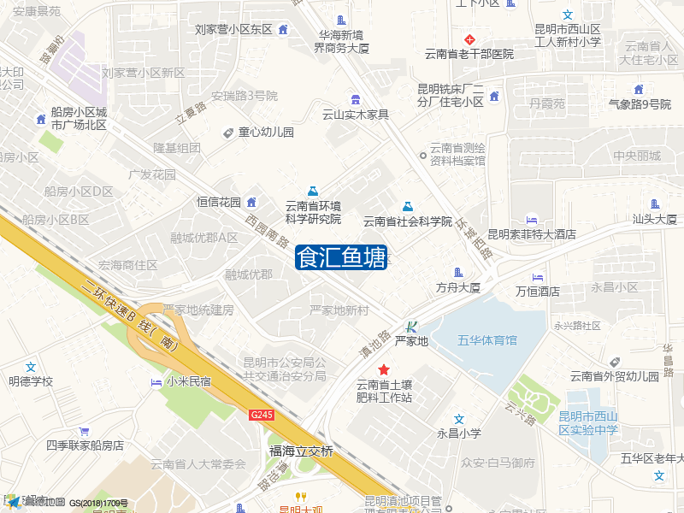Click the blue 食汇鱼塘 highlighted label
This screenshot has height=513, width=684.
[x=341, y=257]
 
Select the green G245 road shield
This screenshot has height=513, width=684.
[x=262, y=415]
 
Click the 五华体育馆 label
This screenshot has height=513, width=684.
[x=487, y=340]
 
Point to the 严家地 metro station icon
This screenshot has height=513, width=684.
[x=411, y=326]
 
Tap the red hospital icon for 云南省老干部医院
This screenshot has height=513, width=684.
[x=469, y=39]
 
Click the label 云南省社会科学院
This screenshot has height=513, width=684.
[x=407, y=221]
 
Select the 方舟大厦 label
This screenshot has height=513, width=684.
[x=458, y=287]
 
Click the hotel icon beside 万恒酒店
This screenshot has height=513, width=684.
[x=538, y=278]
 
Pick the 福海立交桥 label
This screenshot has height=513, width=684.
[x=301, y=451]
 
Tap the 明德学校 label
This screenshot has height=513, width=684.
[x=31, y=381]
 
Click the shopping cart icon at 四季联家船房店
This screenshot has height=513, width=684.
[x=84, y=431]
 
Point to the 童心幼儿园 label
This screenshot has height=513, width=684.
[x=266, y=133]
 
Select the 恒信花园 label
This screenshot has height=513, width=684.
[x=219, y=203]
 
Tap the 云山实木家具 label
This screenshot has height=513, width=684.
[x=355, y=115]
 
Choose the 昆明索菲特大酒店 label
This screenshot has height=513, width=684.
[x=532, y=233]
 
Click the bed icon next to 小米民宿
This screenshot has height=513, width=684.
[x=156, y=381]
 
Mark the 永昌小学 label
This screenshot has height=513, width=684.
[x=459, y=433]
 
